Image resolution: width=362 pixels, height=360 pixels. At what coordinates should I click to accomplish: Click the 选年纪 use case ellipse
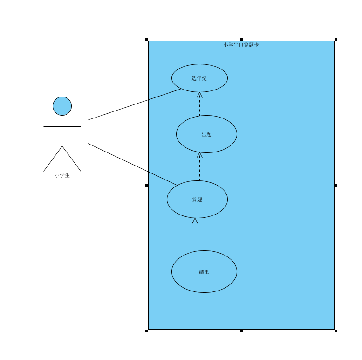pyautogui.click(x=199, y=78)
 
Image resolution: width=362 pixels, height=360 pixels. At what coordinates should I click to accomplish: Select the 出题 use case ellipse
pyautogui.click(x=206, y=134)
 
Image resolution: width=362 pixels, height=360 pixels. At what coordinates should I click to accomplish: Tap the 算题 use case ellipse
pyautogui.click(x=197, y=199)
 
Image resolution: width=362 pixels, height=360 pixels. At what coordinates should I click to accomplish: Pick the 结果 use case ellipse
pyautogui.click(x=204, y=271)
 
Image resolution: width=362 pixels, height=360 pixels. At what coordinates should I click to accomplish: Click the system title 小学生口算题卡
pyautogui.click(x=241, y=45)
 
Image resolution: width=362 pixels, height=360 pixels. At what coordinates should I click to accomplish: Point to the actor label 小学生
pyautogui.click(x=62, y=175)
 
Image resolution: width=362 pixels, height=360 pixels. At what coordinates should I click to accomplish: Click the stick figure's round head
pyautogui.click(x=62, y=106)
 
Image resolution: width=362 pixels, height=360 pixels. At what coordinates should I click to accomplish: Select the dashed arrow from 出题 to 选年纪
pyautogui.click(x=199, y=104)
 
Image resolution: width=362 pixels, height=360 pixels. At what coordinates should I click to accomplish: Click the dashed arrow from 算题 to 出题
pyautogui.click(x=199, y=166)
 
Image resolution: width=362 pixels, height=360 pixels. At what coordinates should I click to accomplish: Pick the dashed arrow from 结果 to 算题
pyautogui.click(x=195, y=235)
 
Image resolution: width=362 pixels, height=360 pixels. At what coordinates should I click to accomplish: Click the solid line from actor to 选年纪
pyautogui.click(x=134, y=104)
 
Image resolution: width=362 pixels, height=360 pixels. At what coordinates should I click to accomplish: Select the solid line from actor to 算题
pyautogui.click(x=132, y=164)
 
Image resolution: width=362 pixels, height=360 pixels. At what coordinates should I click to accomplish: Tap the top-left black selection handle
pyautogui.click(x=147, y=39)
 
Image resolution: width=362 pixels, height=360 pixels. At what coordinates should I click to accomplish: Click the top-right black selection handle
pyautogui.click(x=335, y=39)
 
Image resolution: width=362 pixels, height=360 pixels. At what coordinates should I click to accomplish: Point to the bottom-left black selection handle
pyautogui.click(x=147, y=331)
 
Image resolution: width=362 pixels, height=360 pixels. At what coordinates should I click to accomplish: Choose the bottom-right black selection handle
pyautogui.click(x=335, y=331)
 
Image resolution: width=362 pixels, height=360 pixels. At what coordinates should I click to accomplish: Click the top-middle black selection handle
pyautogui.click(x=241, y=39)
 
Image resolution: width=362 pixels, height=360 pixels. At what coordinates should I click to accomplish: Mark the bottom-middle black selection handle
pyautogui.click(x=241, y=331)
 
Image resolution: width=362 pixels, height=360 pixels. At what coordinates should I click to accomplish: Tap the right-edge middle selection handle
pyautogui.click(x=335, y=185)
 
